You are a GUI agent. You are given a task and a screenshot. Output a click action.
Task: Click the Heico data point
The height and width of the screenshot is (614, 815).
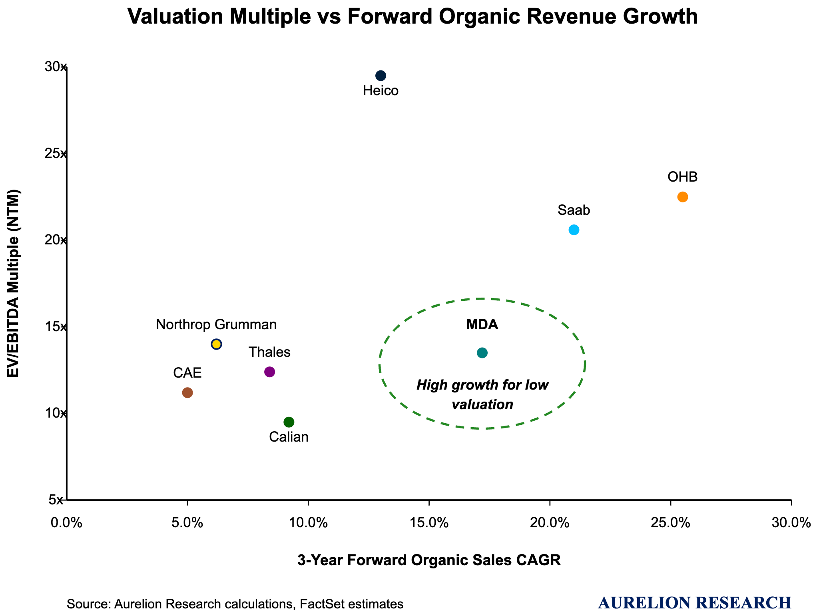[381, 76]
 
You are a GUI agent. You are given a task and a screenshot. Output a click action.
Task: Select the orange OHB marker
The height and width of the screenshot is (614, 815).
[682, 197]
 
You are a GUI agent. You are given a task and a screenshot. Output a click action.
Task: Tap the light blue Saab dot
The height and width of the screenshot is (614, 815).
[574, 230]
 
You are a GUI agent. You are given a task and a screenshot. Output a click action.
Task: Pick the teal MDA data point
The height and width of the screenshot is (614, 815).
[482, 353]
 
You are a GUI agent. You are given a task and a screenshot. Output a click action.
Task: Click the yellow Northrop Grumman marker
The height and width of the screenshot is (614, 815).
[216, 344]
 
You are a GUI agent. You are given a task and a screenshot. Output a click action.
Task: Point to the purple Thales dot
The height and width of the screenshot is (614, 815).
[270, 372]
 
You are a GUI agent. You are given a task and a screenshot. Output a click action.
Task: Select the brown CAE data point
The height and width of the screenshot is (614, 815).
[187, 393]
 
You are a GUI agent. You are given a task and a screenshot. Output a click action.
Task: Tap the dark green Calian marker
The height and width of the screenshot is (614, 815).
[289, 422]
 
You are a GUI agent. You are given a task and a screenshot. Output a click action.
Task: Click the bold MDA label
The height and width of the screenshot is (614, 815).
[482, 325]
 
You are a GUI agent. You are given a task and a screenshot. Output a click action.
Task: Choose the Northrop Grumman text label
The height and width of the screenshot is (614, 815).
[216, 324]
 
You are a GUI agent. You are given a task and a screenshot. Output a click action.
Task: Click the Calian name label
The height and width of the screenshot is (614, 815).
[289, 437]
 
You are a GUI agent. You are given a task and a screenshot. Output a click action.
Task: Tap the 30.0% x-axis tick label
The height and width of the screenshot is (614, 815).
[791, 523]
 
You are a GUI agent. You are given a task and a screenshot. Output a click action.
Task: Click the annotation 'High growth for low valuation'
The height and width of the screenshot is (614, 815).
[482, 395]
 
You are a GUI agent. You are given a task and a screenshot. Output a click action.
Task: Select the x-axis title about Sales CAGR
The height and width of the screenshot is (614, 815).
[429, 560]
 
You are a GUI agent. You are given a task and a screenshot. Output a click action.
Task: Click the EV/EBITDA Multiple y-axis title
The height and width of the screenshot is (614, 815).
[14, 283]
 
